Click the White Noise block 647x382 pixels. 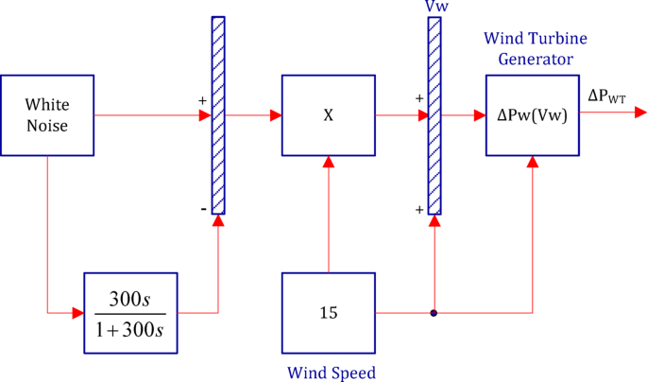coord(47,114)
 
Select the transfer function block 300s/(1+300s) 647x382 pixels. coord(131,313)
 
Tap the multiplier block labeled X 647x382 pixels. coord(328,114)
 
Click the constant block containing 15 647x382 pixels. coord(328,313)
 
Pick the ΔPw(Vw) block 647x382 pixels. coord(532,114)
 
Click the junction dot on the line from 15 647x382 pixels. coord(434,313)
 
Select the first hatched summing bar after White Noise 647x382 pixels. coord(218,115)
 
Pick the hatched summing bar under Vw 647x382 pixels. coord(434,115)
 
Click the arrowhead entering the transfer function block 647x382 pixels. coord(78,312)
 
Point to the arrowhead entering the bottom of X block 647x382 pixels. coord(328,162)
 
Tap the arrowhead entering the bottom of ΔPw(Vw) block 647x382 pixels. coord(533,162)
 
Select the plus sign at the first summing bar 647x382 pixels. coord(201,99)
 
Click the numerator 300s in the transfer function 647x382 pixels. coord(130,300)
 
